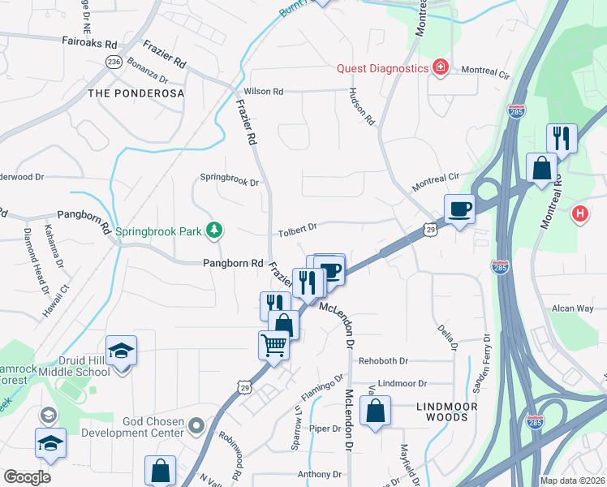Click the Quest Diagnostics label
coord(382,67)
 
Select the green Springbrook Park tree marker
coord(214,231)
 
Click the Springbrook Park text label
coord(157,231)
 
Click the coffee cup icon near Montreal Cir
coord(460,209)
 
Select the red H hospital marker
coord(579,215)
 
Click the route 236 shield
coord(114,62)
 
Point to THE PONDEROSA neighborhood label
coord(136,93)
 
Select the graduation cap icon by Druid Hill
coord(122,351)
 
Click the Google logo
coord(27,477)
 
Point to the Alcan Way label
coord(574,308)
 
